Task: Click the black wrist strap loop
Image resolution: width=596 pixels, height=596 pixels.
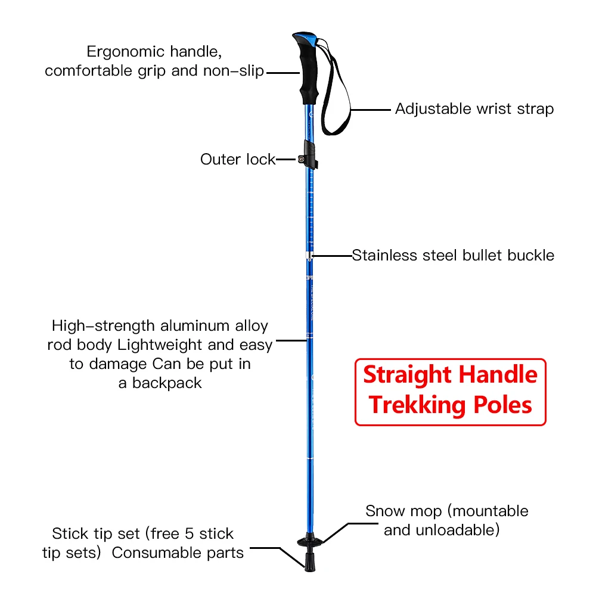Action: coord(335,91)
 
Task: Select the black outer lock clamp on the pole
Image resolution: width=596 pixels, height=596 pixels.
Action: coord(308,156)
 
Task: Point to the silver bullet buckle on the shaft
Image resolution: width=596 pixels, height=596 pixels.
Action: coord(309,255)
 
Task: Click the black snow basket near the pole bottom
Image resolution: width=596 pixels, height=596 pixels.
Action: coord(310,540)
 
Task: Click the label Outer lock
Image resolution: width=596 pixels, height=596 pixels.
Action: coord(238,159)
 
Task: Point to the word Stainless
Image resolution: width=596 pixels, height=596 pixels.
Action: coord(384,256)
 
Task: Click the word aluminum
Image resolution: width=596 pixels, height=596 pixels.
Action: coord(195,326)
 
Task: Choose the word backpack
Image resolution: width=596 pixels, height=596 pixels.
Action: coord(167,383)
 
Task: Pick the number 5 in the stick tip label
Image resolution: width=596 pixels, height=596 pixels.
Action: coord(190,533)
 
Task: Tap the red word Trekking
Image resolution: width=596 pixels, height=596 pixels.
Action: coord(417,405)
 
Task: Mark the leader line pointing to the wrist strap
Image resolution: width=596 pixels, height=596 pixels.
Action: coord(371,110)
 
